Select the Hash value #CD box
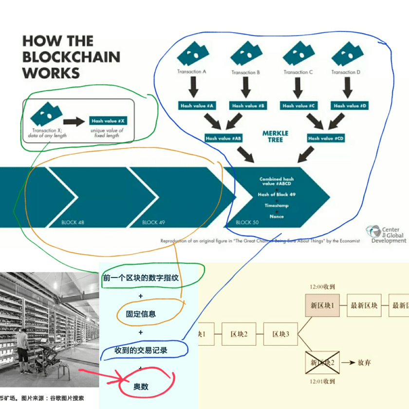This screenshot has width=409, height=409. (x=326, y=138)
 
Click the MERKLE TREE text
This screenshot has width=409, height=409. (x=275, y=136)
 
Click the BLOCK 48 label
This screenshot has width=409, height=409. (x=73, y=222)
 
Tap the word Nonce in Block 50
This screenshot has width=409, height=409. (x=277, y=216)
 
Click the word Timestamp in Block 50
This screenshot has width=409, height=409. (x=277, y=205)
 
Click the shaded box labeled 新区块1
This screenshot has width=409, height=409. (x=322, y=305)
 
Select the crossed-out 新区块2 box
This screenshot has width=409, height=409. (x=322, y=362)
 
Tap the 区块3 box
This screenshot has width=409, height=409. (x=281, y=334)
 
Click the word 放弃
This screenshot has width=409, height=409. (x=364, y=363)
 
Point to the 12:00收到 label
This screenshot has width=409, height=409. (x=322, y=287)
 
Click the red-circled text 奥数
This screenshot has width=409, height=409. (x=141, y=387)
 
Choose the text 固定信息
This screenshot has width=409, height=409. (x=141, y=314)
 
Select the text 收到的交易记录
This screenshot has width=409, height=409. (x=141, y=350)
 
